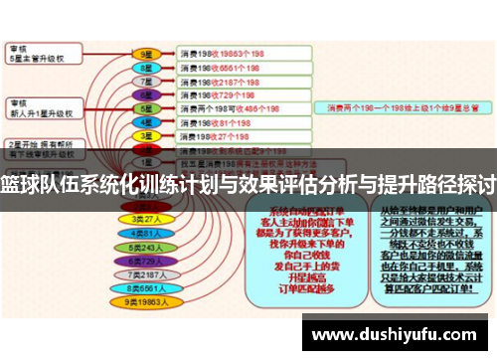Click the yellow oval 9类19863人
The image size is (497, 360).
(x=145, y=300)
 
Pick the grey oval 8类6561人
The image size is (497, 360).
(x=145, y=286)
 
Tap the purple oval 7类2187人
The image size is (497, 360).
(x=145, y=272)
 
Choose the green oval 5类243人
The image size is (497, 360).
(x=145, y=246)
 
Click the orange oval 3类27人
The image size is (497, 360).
(x=145, y=218)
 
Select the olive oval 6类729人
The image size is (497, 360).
(x=145, y=260)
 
